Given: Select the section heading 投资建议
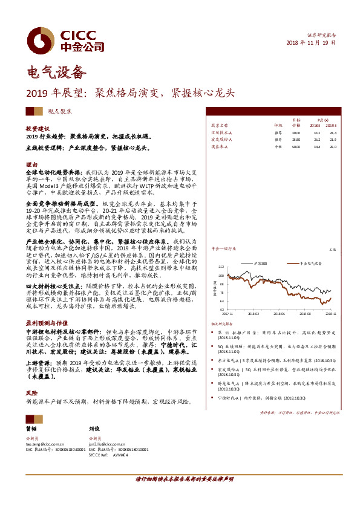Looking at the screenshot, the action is (37, 129).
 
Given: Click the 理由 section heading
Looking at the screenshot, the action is (31, 164).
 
